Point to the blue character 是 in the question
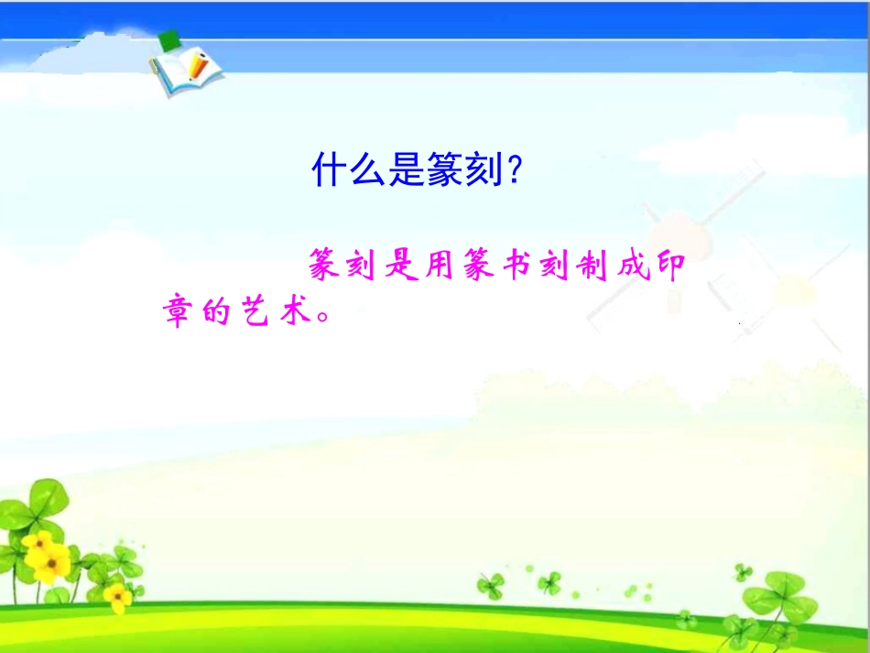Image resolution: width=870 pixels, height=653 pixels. [x=407, y=170]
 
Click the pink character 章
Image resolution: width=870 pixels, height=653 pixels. [x=179, y=314]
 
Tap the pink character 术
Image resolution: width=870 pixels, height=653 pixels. [x=309, y=314]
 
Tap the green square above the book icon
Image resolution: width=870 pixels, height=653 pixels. [x=169, y=40]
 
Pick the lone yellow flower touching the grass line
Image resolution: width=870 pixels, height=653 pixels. [x=117, y=597]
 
